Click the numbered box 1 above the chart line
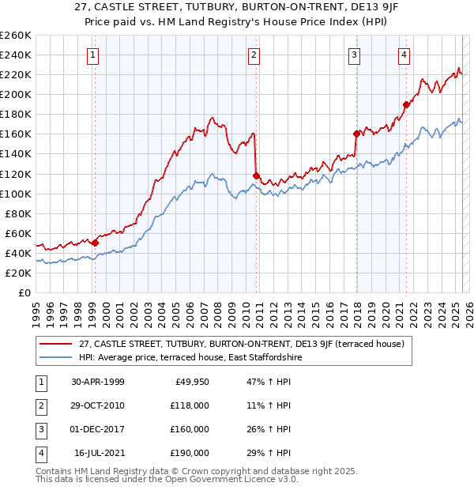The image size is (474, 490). point(94,55)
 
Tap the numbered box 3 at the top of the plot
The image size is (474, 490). point(355,55)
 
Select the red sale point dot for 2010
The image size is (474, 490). point(256,175)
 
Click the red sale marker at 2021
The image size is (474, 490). point(406,104)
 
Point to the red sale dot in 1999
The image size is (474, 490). point(95,243)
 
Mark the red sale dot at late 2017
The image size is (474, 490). point(355,134)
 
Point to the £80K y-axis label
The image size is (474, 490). point(18,213)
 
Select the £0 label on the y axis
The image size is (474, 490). point(24,292)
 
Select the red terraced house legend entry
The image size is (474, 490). point(242,344)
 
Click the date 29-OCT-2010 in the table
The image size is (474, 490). point(98,405)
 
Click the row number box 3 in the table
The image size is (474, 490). point(39,429)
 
